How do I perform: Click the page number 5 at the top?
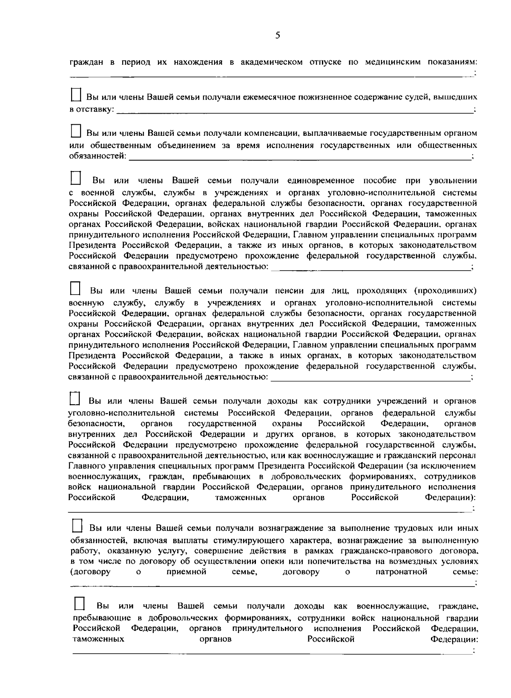tap(277, 35)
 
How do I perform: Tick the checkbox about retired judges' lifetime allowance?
tap(75, 94)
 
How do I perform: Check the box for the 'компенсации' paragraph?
tap(75, 130)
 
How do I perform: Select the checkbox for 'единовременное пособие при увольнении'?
tap(75, 177)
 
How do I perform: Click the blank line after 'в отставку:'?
tap(294, 112)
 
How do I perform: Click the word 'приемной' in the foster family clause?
tap(187, 572)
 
